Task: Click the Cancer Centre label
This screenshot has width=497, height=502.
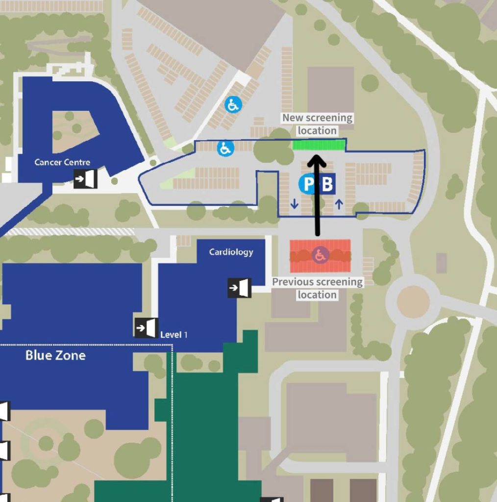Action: pos(62,162)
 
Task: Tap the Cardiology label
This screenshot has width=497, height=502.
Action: pos(231,252)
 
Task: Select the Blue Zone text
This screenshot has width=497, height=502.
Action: pos(55,355)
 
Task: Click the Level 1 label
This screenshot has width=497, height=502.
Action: pos(174,335)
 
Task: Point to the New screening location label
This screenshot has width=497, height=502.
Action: pos(317,124)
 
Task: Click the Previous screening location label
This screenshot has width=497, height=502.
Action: pos(317,288)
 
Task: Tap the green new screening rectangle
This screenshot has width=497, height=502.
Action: pos(319,145)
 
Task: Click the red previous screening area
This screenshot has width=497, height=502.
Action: pos(320,256)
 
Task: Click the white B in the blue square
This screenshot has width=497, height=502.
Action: pos(327,184)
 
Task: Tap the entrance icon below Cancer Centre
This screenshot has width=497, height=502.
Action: pos(85,178)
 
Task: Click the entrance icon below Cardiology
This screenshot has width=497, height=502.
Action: pos(239,288)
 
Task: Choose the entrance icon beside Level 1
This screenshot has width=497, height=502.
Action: pos(146,328)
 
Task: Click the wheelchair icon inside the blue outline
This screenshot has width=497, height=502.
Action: pos(225,149)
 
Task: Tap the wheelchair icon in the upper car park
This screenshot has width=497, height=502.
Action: pos(233,105)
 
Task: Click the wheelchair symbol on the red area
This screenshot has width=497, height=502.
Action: pos(320,255)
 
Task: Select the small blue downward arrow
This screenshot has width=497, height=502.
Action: pos(295,203)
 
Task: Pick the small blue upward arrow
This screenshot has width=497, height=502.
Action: pos(339,204)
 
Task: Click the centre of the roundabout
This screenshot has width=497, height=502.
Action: pos(413,301)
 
